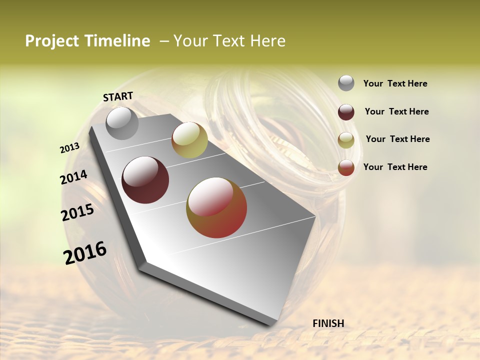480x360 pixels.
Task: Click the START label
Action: pyautogui.click(x=118, y=96)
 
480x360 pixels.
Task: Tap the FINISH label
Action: pyautogui.click(x=328, y=323)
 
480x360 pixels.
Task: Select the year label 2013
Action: pyautogui.click(x=69, y=148)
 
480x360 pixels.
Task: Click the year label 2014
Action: pyautogui.click(x=73, y=177)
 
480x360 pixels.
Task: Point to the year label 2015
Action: pyautogui.click(x=77, y=212)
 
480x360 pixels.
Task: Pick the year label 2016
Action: pyautogui.click(x=85, y=253)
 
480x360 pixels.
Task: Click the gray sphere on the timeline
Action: pyautogui.click(x=122, y=123)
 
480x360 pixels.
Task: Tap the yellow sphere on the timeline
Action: pyautogui.click(x=189, y=140)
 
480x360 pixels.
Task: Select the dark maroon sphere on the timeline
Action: pyautogui.click(x=145, y=180)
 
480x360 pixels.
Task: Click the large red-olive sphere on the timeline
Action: pyautogui.click(x=216, y=207)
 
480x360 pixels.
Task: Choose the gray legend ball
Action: pyautogui.click(x=346, y=83)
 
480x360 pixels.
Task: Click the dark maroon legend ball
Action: pyautogui.click(x=346, y=112)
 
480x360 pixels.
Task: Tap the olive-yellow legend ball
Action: pyautogui.click(x=346, y=140)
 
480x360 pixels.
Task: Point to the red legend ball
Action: pyautogui.click(x=346, y=167)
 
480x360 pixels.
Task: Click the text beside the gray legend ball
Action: pyautogui.click(x=395, y=84)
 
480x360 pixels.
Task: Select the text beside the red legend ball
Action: pyautogui.click(x=395, y=167)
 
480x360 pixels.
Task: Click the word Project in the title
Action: pyautogui.click(x=52, y=41)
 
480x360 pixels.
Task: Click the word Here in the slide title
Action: pyautogui.click(x=267, y=41)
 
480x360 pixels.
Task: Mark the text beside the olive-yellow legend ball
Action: pyautogui.click(x=397, y=139)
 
